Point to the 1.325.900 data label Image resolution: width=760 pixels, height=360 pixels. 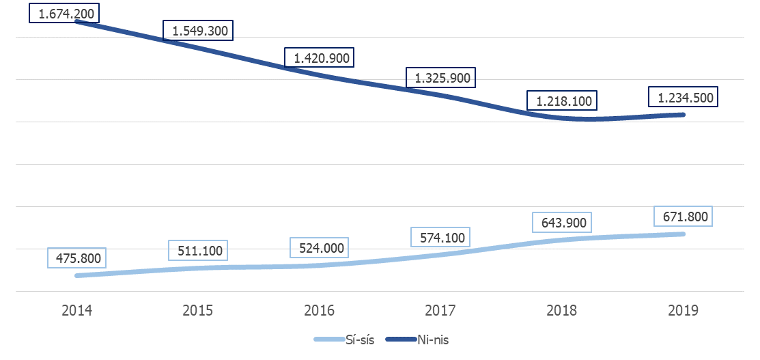[442, 78]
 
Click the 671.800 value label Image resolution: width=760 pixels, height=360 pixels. [684, 217]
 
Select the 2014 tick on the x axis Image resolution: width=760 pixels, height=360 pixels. [76, 311]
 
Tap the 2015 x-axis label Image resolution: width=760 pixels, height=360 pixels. [198, 311]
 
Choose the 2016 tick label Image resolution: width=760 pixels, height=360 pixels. [320, 311]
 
